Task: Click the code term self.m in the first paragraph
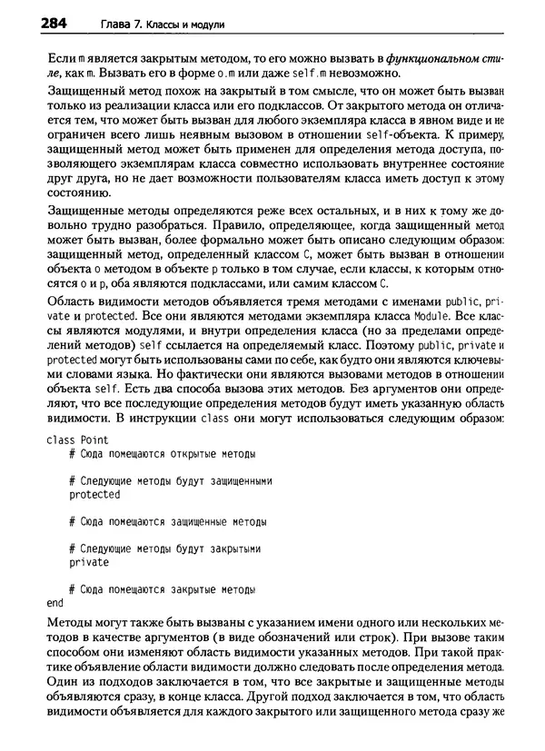[x=307, y=74]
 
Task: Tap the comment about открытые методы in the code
[x=162, y=453]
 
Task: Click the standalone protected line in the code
[x=94, y=494]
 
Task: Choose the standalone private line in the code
[x=89, y=562]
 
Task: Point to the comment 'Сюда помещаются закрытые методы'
[x=162, y=589]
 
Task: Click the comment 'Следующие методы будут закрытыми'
[x=165, y=548]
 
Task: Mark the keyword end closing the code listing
[x=54, y=603]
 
